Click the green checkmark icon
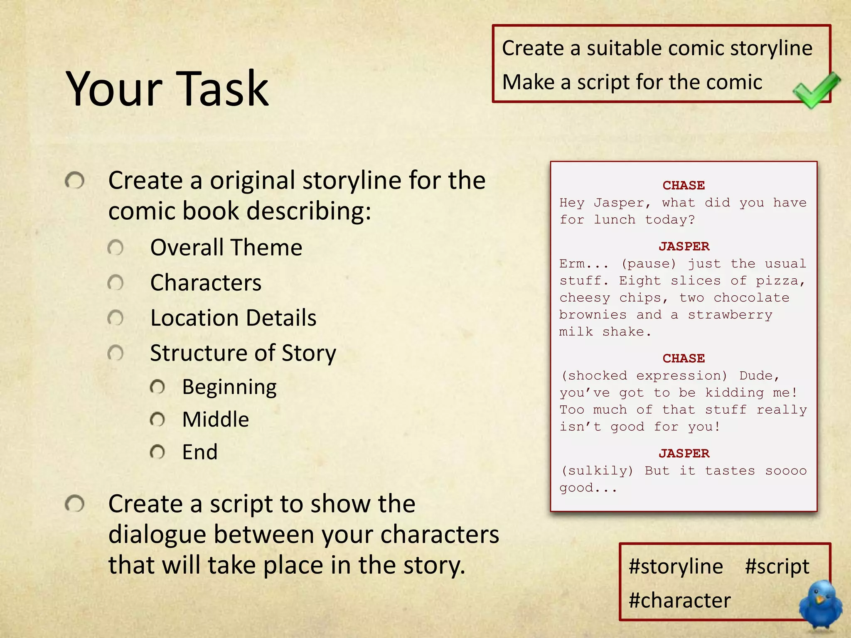pyautogui.click(x=815, y=90)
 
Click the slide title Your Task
pyautogui.click(x=167, y=88)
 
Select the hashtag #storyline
pyautogui.click(x=676, y=567)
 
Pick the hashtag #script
pyautogui.click(x=777, y=567)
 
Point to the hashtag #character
pyautogui.click(x=680, y=601)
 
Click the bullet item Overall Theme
pyautogui.click(x=226, y=248)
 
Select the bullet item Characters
pyautogui.click(x=206, y=283)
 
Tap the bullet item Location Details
pyautogui.click(x=233, y=318)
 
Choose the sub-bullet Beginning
pyautogui.click(x=229, y=388)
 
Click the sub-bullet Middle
pyautogui.click(x=215, y=420)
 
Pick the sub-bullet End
pyautogui.click(x=199, y=452)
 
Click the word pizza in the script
pyautogui.click(x=780, y=281)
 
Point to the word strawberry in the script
pyautogui.click(x=730, y=315)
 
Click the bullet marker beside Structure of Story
pyautogui.click(x=116, y=353)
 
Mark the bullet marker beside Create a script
pyautogui.click(x=75, y=504)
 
